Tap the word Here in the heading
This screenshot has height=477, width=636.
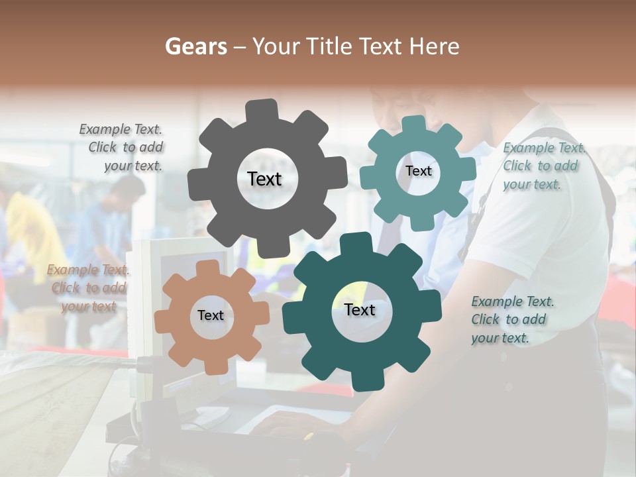coord(435,46)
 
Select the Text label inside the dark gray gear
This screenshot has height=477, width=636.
coord(264,179)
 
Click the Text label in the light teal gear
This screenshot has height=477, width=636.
coord(418,171)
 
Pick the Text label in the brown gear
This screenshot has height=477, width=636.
coord(211,316)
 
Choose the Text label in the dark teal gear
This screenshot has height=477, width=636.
coord(360,310)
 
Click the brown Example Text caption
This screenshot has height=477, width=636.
coord(88,288)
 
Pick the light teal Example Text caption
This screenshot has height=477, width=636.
coord(543,166)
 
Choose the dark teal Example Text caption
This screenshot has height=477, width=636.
coord(511,320)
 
